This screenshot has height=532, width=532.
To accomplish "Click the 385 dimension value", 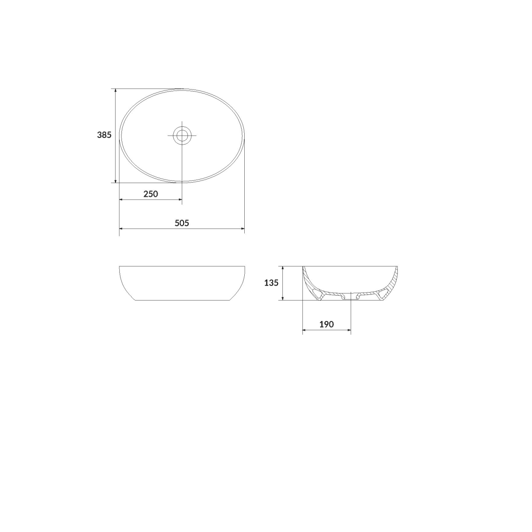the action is [104, 135].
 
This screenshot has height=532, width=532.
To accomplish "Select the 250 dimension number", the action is [151, 194].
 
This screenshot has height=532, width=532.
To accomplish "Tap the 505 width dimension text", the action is [182, 223].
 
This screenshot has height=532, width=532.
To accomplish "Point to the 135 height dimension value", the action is [271, 283].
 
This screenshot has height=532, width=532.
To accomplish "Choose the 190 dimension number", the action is [327, 325].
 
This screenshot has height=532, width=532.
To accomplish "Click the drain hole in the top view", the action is [182, 135].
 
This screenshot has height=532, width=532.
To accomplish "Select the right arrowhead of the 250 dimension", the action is [180, 199].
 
